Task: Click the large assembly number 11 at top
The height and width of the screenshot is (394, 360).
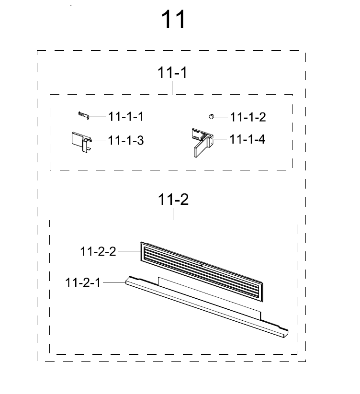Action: [173, 19]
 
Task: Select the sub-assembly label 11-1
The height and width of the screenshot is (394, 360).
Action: [172, 73]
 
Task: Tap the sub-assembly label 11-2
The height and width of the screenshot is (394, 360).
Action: [173, 200]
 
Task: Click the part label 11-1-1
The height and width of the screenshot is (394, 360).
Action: [126, 117]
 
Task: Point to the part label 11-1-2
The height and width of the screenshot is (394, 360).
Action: [248, 117]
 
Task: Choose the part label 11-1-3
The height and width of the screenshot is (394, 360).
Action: [126, 140]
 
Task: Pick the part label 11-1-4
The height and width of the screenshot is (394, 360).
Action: [247, 139]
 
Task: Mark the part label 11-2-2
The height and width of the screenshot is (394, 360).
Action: [98, 251]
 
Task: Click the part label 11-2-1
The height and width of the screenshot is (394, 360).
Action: [83, 282]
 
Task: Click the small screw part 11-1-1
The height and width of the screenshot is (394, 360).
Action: [84, 115]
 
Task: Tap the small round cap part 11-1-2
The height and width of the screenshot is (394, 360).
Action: [211, 116]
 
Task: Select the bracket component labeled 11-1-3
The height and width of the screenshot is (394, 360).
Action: [81, 142]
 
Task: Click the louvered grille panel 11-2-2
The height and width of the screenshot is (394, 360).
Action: [202, 272]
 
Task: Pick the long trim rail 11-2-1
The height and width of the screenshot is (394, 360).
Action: [207, 307]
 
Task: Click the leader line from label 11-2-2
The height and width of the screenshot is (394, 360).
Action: [129, 251]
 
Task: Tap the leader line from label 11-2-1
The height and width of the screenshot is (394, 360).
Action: [114, 282]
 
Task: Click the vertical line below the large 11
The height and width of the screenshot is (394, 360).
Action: [174, 42]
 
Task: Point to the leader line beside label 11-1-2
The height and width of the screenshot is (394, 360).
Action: [221, 117]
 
